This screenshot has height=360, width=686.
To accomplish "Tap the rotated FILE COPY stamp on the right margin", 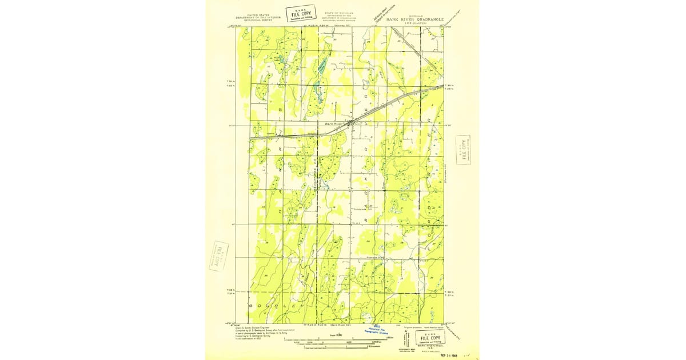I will coord(463,150).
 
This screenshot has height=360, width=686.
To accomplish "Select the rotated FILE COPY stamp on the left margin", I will coord(218,256).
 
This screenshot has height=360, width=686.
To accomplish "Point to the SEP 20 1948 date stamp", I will coord(452,354).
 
